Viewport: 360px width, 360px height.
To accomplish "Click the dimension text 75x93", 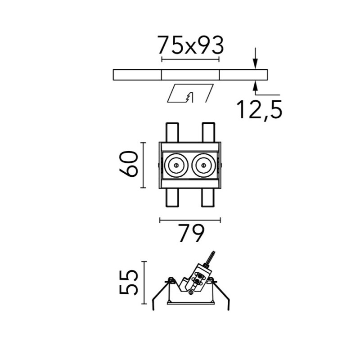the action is [190, 45].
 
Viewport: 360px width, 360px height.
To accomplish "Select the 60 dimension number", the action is [129, 164].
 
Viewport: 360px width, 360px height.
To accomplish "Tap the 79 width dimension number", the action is [191, 233].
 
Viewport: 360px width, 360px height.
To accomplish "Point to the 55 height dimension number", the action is [128, 283].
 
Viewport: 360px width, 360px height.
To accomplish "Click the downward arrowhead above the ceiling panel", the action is [255, 63].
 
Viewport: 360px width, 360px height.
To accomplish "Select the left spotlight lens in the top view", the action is [176, 165].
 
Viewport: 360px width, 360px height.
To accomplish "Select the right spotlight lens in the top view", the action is [204, 165].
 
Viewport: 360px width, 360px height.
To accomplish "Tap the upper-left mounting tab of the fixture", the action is [172, 132].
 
